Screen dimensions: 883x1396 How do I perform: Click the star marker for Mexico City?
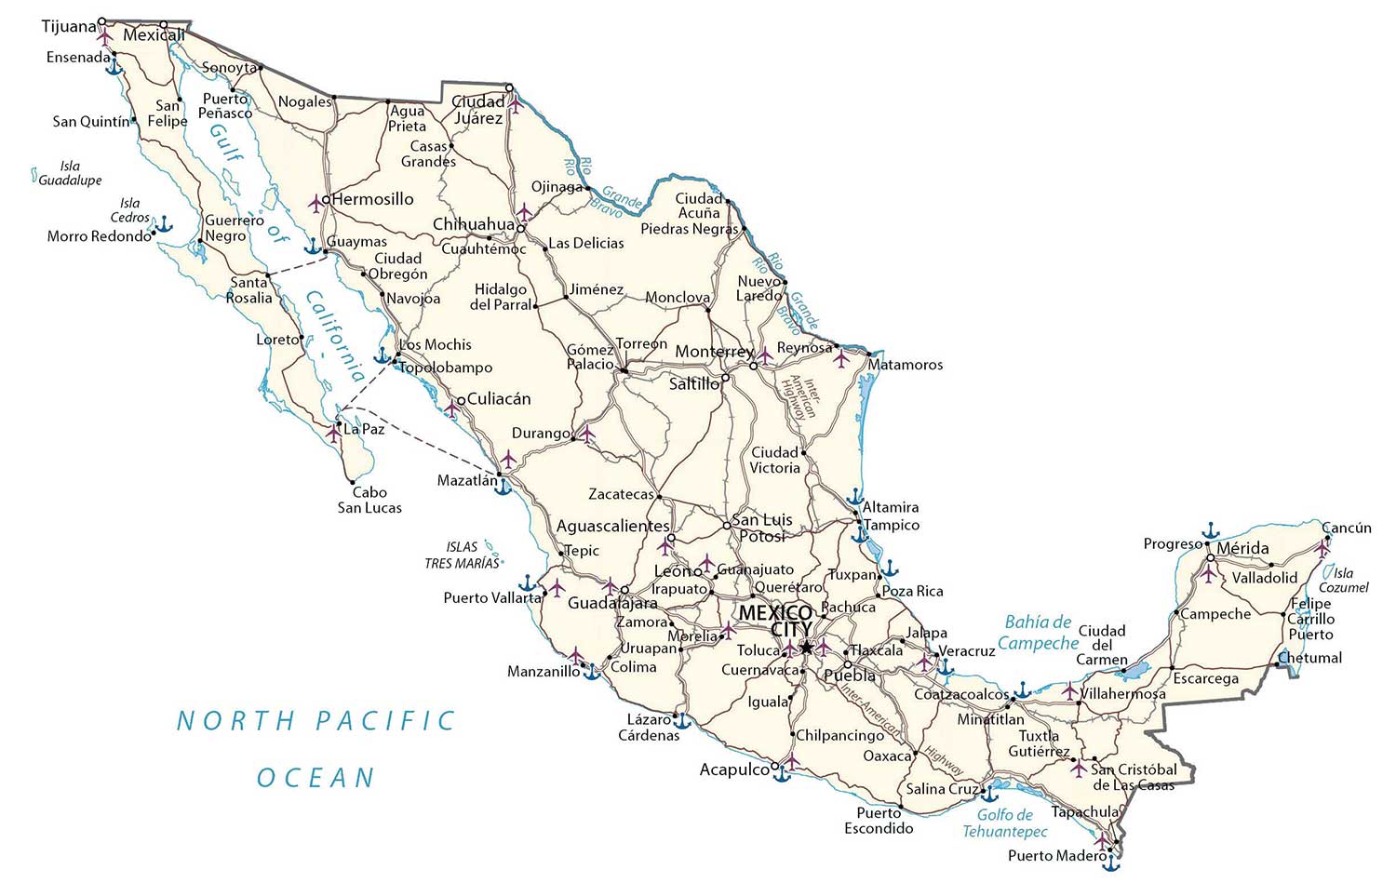[x=806, y=647]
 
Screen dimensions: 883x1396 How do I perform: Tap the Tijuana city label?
[x=69, y=26]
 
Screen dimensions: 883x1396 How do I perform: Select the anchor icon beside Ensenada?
[x=114, y=66]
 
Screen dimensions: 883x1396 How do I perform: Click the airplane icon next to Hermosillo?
[x=316, y=201]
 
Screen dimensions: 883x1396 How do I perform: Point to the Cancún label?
[x=1347, y=528]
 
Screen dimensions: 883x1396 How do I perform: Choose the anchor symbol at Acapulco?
[x=782, y=773]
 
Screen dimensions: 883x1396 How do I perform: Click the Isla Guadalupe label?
[x=70, y=173]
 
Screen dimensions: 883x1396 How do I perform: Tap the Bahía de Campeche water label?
[x=1038, y=633]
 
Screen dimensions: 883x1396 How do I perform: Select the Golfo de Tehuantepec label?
[x=1005, y=823]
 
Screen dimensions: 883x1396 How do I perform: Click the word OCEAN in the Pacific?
[x=315, y=778]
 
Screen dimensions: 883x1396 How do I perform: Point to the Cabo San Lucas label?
[x=369, y=500]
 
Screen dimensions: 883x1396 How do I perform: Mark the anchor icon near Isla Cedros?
[x=163, y=224]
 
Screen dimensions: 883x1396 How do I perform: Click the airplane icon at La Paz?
[x=333, y=433]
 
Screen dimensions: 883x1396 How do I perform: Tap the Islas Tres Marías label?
[x=463, y=555]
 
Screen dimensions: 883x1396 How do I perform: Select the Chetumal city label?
[x=1309, y=658]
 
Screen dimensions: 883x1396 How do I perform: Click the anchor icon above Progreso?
[x=1210, y=530]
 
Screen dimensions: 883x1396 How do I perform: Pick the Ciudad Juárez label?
[x=478, y=110]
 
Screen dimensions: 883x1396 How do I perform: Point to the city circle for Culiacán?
[x=461, y=401]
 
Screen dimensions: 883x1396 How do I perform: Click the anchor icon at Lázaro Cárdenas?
[x=681, y=721]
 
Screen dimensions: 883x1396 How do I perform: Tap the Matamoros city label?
[x=905, y=365]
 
